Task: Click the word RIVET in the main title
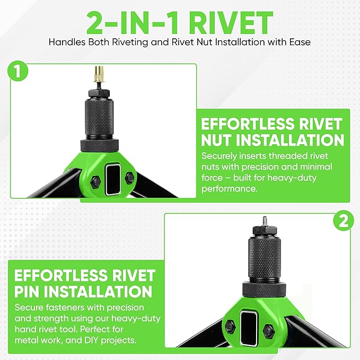click(231, 23)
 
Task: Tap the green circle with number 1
click(17, 71)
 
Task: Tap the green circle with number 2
click(344, 221)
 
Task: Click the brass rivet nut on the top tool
click(99, 74)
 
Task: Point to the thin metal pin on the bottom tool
click(264, 221)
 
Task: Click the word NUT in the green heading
click(216, 140)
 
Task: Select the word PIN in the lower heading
click(27, 291)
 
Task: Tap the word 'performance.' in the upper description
click(230, 189)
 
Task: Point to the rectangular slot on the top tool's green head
click(113, 180)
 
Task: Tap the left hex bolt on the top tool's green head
click(95, 182)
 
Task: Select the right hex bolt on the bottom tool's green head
click(269, 330)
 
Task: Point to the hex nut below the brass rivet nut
click(99, 93)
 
